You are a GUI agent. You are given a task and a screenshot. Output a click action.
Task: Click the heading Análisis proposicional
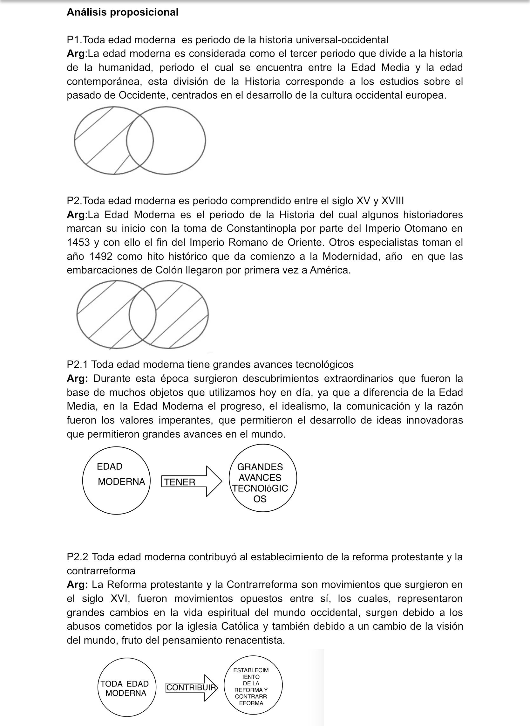(122, 12)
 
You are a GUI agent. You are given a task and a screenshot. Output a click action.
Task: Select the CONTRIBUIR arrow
(192, 688)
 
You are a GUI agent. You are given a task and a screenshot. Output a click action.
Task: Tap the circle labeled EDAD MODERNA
(116, 481)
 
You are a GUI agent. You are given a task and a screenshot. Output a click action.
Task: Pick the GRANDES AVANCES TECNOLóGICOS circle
(262, 478)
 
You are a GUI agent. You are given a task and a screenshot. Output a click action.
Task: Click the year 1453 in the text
(78, 242)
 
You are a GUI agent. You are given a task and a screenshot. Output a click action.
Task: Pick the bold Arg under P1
(75, 54)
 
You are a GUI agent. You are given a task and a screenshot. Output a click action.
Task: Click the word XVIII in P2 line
(392, 201)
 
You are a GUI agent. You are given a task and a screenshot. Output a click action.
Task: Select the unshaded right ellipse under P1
(180, 141)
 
